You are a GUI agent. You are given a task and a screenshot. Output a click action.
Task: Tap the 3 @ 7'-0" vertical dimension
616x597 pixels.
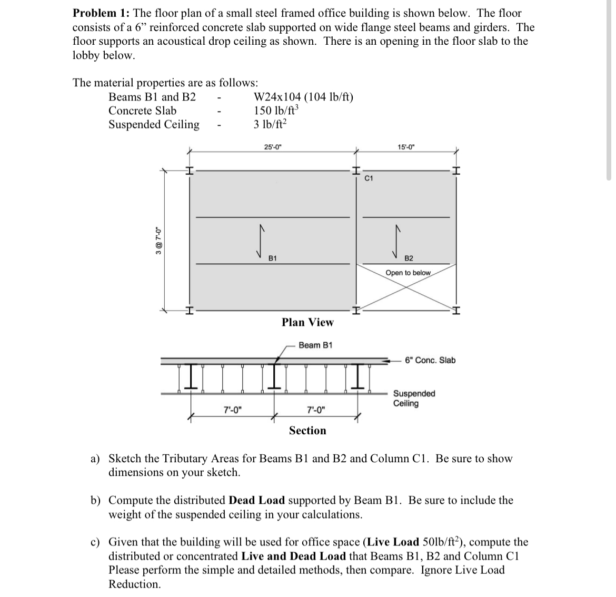pos(158,241)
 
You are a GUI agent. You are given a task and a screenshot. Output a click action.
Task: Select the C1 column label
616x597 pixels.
pos(369,179)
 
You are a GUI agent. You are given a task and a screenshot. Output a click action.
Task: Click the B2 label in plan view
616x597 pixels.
pos(409,258)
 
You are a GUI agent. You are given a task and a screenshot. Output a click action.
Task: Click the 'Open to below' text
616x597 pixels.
pos(408,273)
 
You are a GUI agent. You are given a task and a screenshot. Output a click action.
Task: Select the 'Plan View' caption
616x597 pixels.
pos(307,322)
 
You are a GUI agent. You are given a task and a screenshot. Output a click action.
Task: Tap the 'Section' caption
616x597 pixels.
pos(307,431)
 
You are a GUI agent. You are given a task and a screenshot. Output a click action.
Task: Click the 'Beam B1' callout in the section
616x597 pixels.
pos(315,345)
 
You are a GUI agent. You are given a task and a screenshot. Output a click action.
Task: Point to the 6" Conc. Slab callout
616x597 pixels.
pos(430,360)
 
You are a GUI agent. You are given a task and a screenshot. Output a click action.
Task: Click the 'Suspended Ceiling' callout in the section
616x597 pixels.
pos(414,399)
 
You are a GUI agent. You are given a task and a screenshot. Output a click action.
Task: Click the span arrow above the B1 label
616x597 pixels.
pos(259,240)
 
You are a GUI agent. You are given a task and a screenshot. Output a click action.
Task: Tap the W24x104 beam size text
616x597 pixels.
pos(303,97)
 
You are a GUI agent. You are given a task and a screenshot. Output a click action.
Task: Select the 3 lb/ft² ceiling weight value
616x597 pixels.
pos(271,125)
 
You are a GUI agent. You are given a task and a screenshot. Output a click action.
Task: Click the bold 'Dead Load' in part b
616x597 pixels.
pos(257,500)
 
